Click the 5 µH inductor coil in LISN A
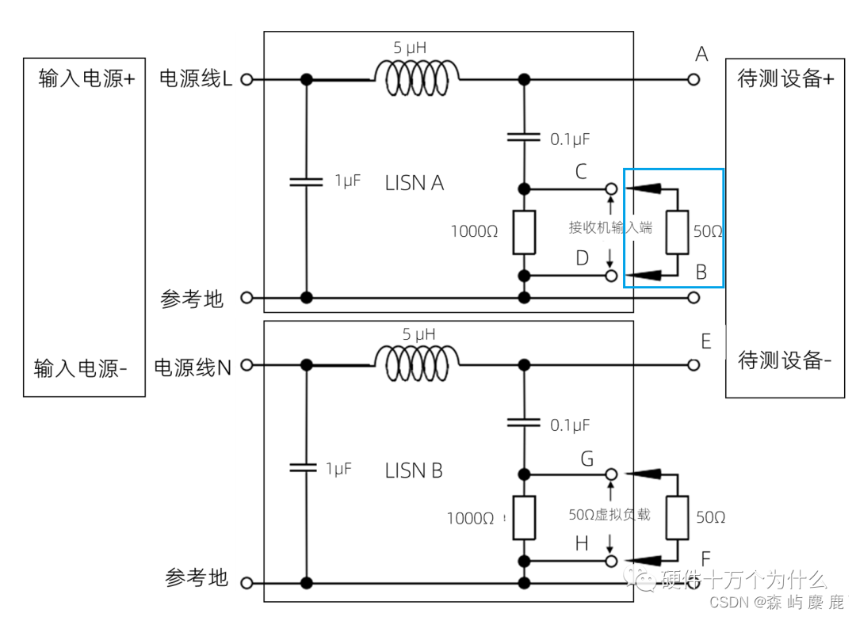click(417, 78)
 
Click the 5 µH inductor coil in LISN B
click(417, 364)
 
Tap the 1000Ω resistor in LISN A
click(523, 232)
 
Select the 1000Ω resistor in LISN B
click(523, 517)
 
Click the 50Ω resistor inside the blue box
click(677, 232)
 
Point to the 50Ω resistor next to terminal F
click(677, 517)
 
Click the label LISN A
click(414, 184)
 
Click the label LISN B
click(414, 470)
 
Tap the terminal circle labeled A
click(694, 79)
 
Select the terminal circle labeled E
click(694, 365)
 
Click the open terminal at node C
click(611, 189)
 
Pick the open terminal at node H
click(611, 561)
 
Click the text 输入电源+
click(86, 79)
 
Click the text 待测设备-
click(785, 360)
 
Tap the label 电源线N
click(193, 368)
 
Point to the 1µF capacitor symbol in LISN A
click(306, 181)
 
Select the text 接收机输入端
click(610, 227)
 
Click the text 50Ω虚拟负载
click(609, 514)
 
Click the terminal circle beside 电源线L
click(246, 79)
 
